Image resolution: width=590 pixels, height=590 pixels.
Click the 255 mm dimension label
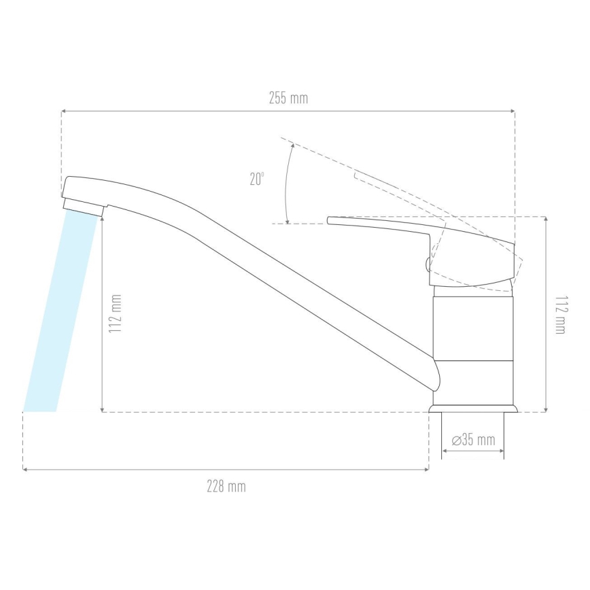pos(288,98)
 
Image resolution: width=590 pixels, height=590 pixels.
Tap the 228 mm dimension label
pos(226,487)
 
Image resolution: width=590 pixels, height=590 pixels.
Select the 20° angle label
pos(257,179)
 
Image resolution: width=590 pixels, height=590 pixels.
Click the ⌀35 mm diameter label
pos(473,439)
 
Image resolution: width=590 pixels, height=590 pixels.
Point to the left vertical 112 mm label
pos(116,314)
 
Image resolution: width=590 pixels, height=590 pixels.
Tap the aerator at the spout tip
pos(83,205)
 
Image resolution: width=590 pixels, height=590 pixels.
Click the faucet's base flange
pos(473,408)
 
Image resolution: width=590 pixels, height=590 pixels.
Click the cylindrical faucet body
pos(473,340)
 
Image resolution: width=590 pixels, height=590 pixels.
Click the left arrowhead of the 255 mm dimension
pos(64,110)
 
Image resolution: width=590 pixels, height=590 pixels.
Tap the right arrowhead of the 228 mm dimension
pos(426,469)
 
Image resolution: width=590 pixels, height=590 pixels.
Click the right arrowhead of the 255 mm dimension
pos(512,110)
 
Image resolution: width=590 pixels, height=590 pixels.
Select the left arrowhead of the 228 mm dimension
pos(25,469)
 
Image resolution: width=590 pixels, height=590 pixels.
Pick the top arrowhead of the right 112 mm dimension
pos(546,220)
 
